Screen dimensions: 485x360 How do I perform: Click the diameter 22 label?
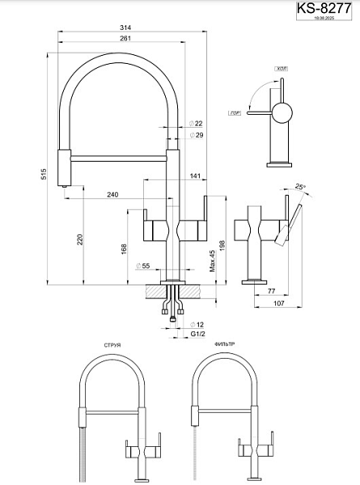(197, 123)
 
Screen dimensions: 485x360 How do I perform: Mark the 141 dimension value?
(195, 175)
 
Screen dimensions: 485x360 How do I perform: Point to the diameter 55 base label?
(146, 266)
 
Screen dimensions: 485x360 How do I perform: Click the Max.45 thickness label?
(211, 263)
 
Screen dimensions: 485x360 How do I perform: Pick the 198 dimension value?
(222, 246)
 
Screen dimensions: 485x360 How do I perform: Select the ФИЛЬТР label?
(224, 344)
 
